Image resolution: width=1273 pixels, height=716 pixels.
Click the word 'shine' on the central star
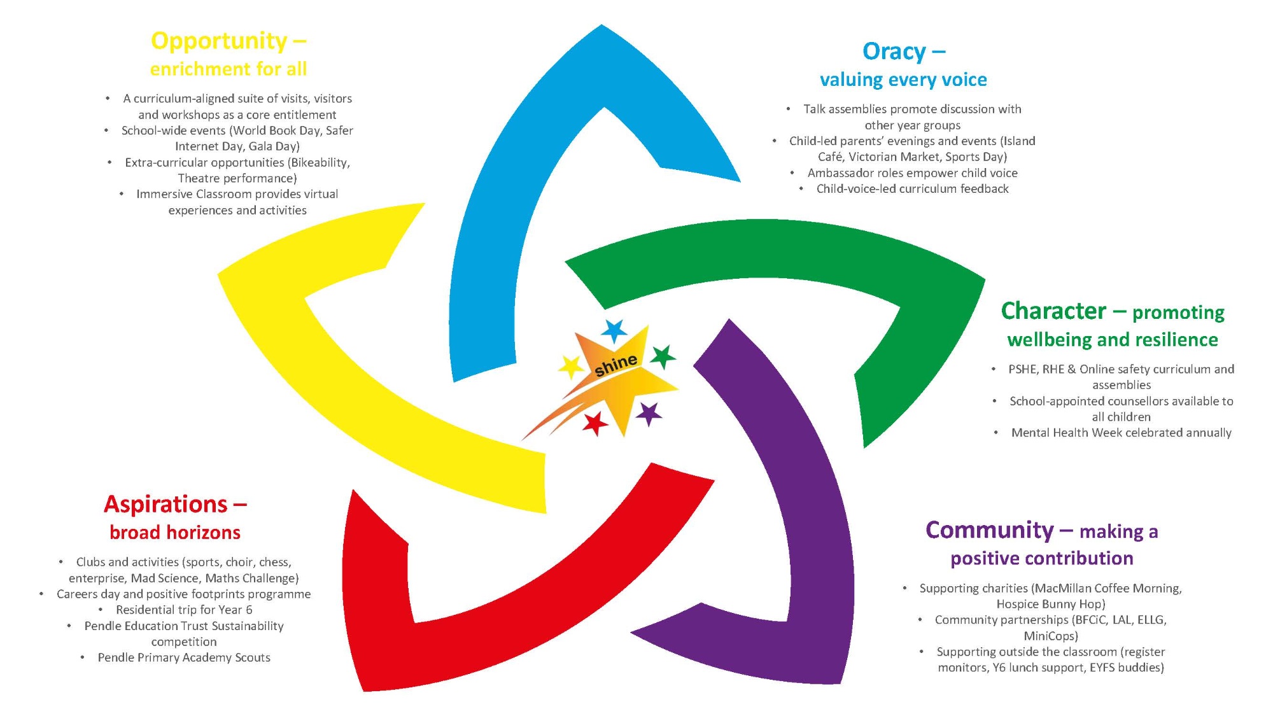pyautogui.click(x=615, y=365)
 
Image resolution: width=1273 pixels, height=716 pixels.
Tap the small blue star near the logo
pyautogui.click(x=614, y=331)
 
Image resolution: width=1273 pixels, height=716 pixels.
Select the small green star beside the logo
pyautogui.click(x=663, y=356)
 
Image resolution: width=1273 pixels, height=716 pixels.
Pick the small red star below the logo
pyautogui.click(x=596, y=423)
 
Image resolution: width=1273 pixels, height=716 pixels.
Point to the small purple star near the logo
pyautogui.click(x=649, y=414)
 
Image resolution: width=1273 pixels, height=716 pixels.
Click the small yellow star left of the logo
pyautogui.click(x=571, y=367)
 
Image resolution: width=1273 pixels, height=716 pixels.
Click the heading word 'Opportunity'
pyautogui.click(x=219, y=41)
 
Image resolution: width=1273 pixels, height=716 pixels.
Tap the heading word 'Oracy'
pyautogui.click(x=894, y=52)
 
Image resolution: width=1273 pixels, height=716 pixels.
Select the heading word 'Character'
pyautogui.click(x=1053, y=311)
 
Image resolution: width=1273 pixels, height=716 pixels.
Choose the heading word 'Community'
pyautogui.click(x=989, y=530)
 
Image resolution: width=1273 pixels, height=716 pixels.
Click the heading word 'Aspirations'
pyautogui.click(x=165, y=504)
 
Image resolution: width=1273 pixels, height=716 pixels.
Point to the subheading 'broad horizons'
pyautogui.click(x=175, y=532)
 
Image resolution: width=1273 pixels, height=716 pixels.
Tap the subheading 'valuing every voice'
pyautogui.click(x=903, y=80)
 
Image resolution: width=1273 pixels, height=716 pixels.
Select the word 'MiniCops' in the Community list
pyautogui.click(x=1050, y=636)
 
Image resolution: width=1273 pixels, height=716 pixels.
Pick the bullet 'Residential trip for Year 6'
pyautogui.click(x=184, y=610)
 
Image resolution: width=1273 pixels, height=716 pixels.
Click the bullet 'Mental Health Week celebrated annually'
pyautogui.click(x=1121, y=433)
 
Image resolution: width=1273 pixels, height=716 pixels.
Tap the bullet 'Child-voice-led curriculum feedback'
pyautogui.click(x=912, y=189)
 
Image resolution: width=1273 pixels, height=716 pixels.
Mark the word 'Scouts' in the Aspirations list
pyautogui.click(x=252, y=657)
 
